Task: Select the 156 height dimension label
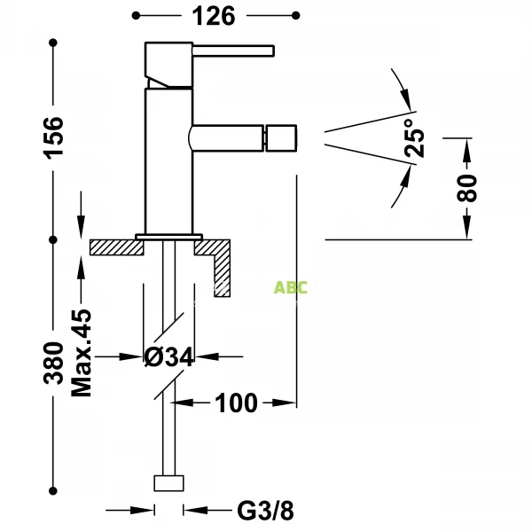pyautogui.click(x=55, y=137)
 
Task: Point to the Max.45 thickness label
pyautogui.click(x=82, y=351)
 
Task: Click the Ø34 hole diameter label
pyautogui.click(x=168, y=357)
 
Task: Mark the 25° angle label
pyautogui.click(x=415, y=137)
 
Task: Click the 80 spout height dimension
pyautogui.click(x=469, y=187)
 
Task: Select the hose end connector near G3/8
pyautogui.click(x=168, y=483)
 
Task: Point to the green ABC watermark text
pyautogui.click(x=290, y=288)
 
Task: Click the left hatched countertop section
pyautogui.click(x=115, y=247)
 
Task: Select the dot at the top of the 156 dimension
pyautogui.click(x=55, y=41)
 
